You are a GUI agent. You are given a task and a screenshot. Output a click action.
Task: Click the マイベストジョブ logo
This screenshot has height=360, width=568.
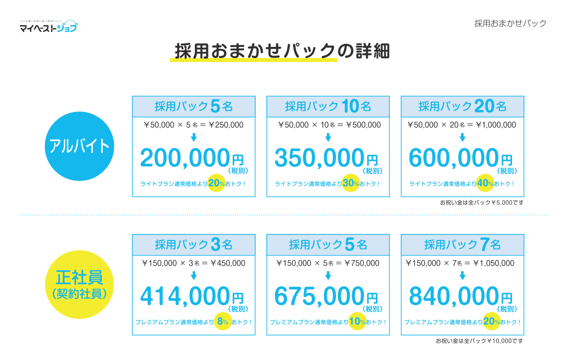click(48, 26)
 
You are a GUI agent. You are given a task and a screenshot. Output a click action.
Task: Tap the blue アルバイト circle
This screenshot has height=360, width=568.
click(80, 146)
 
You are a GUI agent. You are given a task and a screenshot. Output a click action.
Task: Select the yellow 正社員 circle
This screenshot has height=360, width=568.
click(80, 284)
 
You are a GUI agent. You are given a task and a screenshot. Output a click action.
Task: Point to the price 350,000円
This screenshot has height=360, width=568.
click(326, 159)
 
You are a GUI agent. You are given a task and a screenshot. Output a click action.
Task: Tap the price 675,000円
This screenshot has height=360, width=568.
click(326, 297)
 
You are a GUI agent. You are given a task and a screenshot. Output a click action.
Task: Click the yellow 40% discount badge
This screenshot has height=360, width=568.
click(485, 184)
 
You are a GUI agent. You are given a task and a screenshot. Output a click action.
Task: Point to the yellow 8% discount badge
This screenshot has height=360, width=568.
click(222, 322)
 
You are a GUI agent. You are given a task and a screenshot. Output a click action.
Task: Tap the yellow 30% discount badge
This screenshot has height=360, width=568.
click(351, 184)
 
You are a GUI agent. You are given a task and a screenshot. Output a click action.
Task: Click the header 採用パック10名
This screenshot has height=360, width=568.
click(328, 106)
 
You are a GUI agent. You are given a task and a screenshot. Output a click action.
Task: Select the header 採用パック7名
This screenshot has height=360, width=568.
click(462, 245)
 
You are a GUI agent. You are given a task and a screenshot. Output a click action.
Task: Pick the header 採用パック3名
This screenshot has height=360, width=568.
click(194, 245)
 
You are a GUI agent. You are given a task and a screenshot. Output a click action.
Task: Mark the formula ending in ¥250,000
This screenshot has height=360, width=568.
click(194, 125)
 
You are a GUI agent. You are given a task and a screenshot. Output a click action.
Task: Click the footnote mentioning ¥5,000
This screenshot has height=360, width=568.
click(482, 203)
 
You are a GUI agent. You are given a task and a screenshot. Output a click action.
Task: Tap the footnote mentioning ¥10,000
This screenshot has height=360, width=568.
click(480, 341)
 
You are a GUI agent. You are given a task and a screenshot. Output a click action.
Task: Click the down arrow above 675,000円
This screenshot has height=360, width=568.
click(328, 275)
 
